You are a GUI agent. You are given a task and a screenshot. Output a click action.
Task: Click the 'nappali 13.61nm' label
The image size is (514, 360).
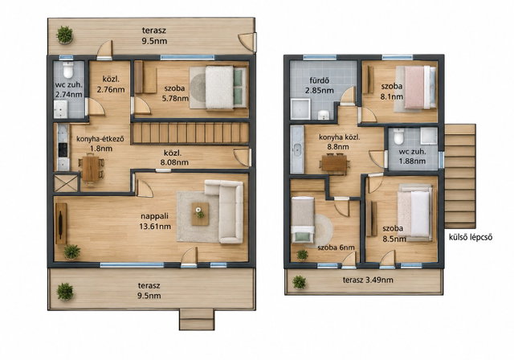[x=155, y=221]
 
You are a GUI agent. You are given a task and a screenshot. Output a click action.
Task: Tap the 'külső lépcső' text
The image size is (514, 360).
[x=471, y=237]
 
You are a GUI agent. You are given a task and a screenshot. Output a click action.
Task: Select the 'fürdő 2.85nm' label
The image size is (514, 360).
[x=320, y=85]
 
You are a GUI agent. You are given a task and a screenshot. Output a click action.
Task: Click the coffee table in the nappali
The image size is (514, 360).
[x=200, y=214]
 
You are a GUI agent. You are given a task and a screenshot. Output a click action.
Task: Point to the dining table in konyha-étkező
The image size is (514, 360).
[x=91, y=169]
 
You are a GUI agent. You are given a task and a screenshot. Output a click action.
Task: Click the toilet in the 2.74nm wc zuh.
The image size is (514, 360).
[x=68, y=69]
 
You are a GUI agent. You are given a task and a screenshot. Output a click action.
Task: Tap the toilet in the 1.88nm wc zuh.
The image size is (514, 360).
[x=398, y=137]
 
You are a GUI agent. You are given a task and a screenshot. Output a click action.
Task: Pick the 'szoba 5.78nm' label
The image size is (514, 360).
[x=175, y=93]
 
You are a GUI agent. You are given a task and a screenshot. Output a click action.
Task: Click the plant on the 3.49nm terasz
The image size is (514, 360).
[x=299, y=282]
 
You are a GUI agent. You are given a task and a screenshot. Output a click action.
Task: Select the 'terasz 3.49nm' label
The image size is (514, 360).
[x=368, y=280]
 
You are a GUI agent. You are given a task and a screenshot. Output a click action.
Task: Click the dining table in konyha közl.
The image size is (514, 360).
[x=334, y=163]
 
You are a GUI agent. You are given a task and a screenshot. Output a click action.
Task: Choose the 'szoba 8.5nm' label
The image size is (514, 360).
[x=394, y=234]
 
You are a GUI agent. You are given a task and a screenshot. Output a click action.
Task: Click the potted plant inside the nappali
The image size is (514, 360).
[x=71, y=252]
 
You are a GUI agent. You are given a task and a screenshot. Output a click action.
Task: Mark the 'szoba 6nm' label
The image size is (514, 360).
[x=336, y=247]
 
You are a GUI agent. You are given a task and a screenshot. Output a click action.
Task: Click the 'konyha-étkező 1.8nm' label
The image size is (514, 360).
[x=100, y=144]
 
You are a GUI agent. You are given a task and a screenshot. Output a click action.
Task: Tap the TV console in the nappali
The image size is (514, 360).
[x=61, y=223]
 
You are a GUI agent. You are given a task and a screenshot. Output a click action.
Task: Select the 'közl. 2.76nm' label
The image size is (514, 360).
[x=111, y=84]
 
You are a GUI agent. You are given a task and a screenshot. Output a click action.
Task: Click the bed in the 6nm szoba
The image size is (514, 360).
[x=303, y=219]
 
